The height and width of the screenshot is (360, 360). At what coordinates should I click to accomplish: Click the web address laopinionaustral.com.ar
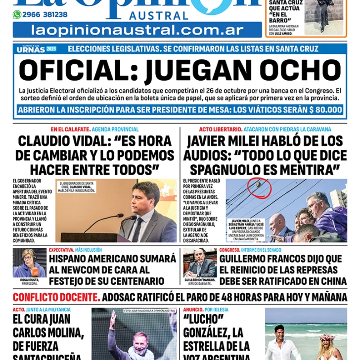tap(136, 30)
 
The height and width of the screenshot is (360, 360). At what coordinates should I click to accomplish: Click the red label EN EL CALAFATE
tap(70, 130)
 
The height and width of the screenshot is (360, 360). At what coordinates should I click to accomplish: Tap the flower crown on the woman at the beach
tap(327, 337)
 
